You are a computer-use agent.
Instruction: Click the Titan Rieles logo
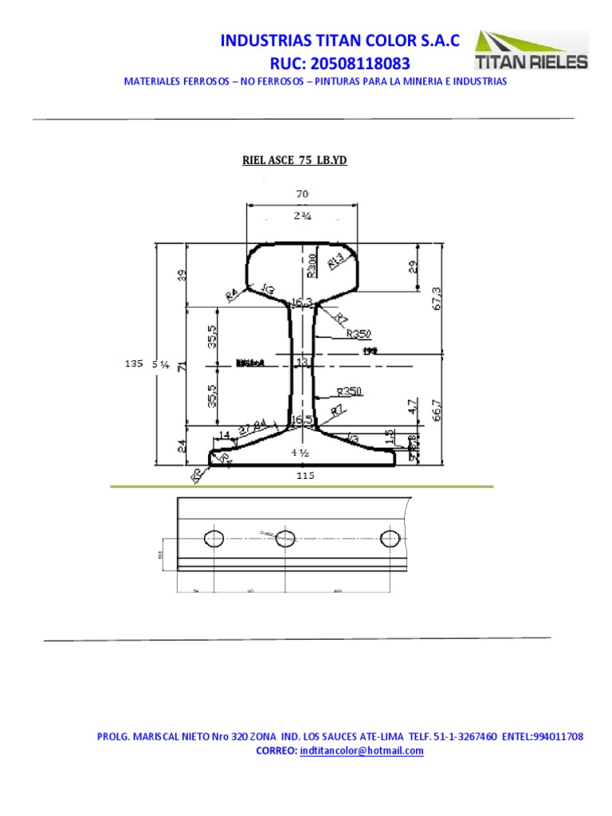click(532, 51)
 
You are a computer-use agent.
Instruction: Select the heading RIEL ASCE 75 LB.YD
click(295, 161)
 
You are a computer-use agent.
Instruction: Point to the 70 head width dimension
click(301, 194)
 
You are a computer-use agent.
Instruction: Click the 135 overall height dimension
click(134, 363)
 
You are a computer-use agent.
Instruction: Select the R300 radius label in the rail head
click(312, 265)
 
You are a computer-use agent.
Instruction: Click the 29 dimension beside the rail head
click(412, 266)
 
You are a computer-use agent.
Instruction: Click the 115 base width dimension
click(304, 476)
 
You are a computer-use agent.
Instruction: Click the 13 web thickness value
click(302, 362)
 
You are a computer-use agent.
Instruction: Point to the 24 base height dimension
click(182, 446)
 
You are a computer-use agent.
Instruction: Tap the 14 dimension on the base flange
click(224, 434)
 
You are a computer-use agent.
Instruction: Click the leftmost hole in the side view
click(214, 539)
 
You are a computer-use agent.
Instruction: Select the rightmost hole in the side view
click(390, 539)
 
